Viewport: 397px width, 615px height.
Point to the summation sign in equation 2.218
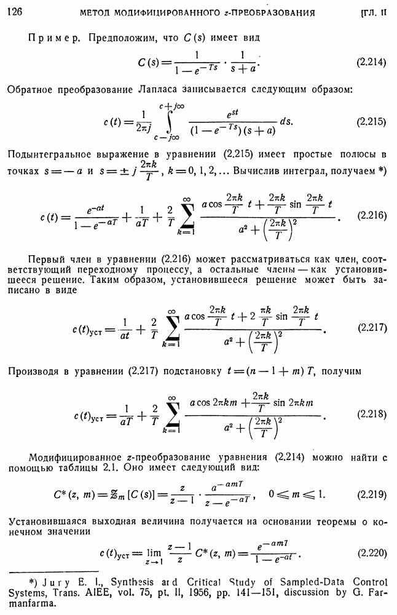tap(172, 414)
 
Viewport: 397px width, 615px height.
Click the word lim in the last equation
tap(154, 552)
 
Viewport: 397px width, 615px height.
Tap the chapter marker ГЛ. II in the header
tap(373, 12)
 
